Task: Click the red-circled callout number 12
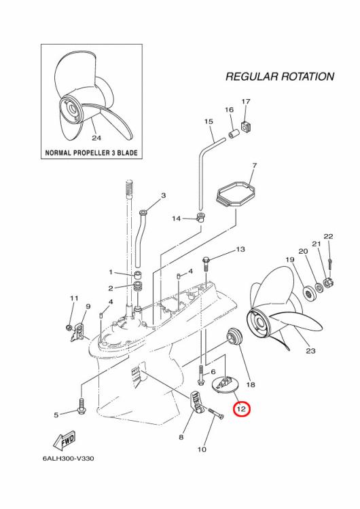tap(242, 409)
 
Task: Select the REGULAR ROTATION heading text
tap(279, 77)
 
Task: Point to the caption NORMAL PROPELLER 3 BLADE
tap(91, 153)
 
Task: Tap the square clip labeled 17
tap(247, 124)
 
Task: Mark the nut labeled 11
tap(69, 328)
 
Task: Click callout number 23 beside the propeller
tap(311, 351)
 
